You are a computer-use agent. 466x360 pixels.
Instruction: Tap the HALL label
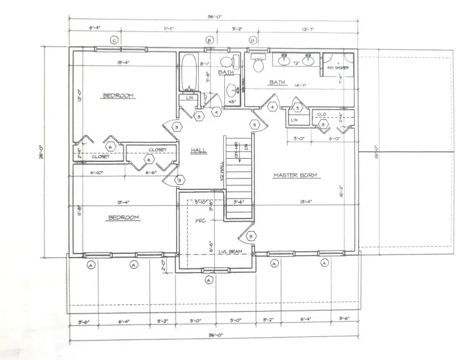tap(198, 150)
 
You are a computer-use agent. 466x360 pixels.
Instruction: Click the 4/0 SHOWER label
tap(338, 68)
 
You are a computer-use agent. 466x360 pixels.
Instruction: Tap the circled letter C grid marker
tap(114, 40)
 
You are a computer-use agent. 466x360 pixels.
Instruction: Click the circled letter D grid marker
tap(253, 40)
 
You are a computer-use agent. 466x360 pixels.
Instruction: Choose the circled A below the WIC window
tap(209, 280)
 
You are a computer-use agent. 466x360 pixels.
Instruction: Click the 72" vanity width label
tap(296, 63)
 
